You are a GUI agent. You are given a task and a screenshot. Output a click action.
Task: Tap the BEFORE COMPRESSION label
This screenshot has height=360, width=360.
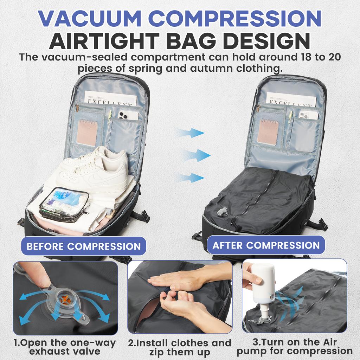[x=83, y=246]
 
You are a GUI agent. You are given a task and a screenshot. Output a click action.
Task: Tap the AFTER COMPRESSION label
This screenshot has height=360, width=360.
[x=266, y=245]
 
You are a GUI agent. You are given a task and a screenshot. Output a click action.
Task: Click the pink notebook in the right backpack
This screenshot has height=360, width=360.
[x=268, y=131]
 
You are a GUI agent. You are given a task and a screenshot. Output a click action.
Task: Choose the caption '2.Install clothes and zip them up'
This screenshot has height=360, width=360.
[x=180, y=347]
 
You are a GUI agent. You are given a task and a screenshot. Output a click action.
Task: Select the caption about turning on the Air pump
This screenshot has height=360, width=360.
[x=294, y=346]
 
